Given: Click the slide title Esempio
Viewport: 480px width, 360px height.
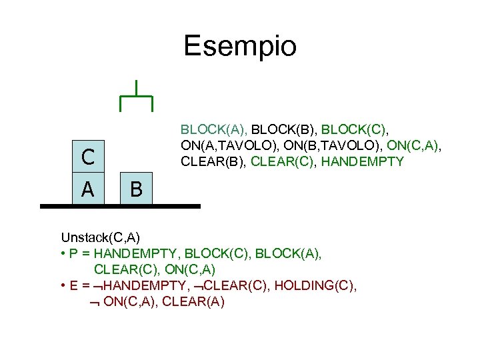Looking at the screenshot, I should [x=240, y=46].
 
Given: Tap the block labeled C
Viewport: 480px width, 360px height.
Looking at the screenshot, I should [x=88, y=157].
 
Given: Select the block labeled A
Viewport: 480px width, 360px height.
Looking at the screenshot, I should [x=88, y=189].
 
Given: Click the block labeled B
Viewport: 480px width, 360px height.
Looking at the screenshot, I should [x=136, y=190].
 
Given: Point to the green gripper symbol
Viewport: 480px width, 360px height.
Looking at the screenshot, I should [x=136, y=97].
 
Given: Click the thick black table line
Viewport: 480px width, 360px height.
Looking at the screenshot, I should [x=120, y=207].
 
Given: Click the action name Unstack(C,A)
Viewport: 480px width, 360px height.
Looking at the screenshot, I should [x=100, y=237].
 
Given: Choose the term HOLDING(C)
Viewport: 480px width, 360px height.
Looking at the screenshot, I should [x=319, y=286].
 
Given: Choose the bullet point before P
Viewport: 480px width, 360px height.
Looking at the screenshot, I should [x=63, y=253].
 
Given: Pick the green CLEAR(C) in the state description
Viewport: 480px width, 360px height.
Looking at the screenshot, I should [x=283, y=161].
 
